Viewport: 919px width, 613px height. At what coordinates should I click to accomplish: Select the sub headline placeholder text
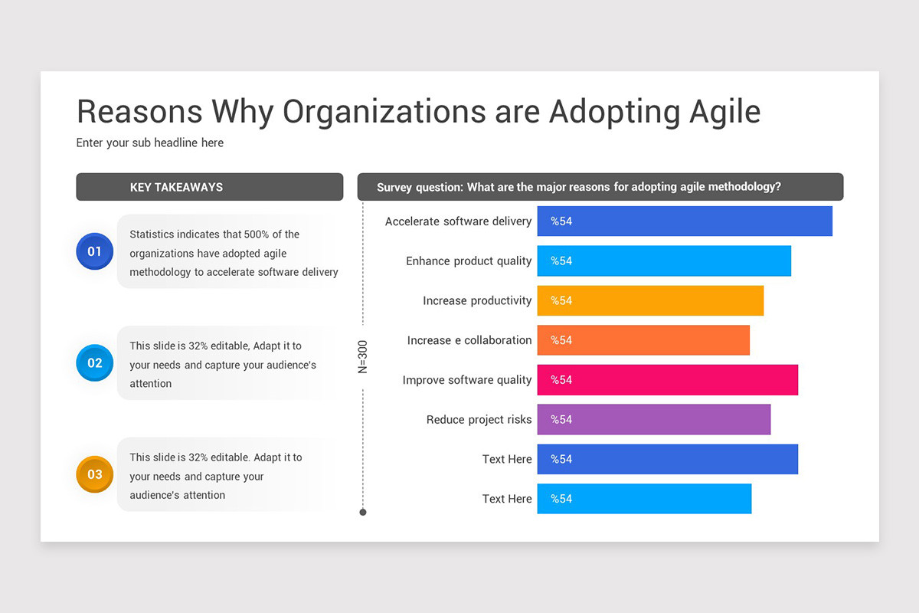tap(150, 143)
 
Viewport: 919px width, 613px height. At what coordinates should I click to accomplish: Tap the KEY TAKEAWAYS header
tap(176, 187)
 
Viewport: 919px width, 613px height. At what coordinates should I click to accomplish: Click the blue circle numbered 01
tap(94, 251)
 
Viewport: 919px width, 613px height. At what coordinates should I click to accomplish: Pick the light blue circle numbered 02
tap(94, 363)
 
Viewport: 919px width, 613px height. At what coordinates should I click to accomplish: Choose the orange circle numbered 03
tap(94, 474)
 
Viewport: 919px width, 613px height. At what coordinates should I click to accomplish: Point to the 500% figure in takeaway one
tap(257, 234)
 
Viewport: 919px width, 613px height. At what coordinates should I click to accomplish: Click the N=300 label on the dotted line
tap(363, 356)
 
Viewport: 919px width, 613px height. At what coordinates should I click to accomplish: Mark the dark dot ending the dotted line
tap(363, 512)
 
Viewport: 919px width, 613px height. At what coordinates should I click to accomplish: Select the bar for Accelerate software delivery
tap(685, 221)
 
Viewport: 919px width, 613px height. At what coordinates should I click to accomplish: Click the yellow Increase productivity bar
tap(650, 300)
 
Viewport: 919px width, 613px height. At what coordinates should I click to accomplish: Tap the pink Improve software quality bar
tap(667, 380)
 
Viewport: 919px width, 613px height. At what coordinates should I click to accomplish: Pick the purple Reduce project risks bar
tap(653, 420)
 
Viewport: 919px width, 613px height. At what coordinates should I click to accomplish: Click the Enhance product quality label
tap(468, 261)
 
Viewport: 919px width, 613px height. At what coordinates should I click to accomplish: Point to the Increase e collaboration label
tap(469, 340)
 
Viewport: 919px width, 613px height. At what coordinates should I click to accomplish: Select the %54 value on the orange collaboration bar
tap(561, 340)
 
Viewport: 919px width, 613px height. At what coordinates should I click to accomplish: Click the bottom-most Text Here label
tap(506, 499)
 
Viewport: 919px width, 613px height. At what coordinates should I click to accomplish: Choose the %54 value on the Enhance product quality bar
tap(561, 261)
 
